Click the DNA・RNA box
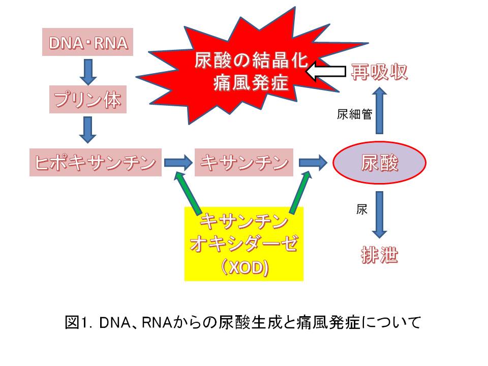click(87, 43)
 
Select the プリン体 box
click(87, 100)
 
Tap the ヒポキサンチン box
click(96, 163)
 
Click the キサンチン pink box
click(244, 163)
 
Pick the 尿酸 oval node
click(379, 163)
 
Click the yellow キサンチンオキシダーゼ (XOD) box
click(244, 244)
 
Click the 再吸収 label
click(379, 73)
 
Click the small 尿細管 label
click(354, 114)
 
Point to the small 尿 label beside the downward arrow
click(361, 209)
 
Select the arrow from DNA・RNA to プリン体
click(87, 71)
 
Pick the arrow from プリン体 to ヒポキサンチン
click(87, 130)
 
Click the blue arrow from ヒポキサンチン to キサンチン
click(178, 163)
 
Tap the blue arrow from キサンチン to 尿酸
click(312, 163)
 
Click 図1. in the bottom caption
click(79, 322)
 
